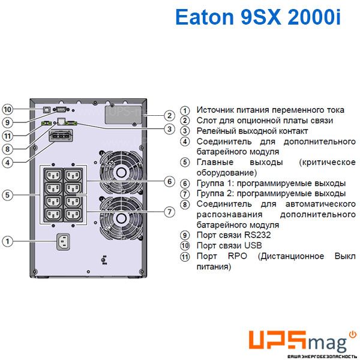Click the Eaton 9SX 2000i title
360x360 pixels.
[258, 17]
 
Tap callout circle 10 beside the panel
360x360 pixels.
[7, 109]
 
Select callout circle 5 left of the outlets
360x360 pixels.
[7, 195]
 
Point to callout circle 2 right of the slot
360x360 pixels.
[169, 115]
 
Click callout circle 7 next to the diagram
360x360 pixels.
[169, 211]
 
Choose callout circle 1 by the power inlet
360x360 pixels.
[7, 241]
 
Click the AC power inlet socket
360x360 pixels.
[63, 242]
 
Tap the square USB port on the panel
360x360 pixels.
[47, 110]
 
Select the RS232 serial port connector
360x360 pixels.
[61, 110]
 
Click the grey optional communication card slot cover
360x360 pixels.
[124, 115]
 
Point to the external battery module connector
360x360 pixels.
[61, 136]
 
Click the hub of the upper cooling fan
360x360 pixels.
[121, 172]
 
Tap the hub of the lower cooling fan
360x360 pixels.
[121, 218]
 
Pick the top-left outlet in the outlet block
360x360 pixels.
[53, 176]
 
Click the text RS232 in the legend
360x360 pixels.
[257, 235]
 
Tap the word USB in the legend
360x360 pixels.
[253, 245]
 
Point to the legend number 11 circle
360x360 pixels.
[185, 256]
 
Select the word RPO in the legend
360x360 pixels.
[238, 256]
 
